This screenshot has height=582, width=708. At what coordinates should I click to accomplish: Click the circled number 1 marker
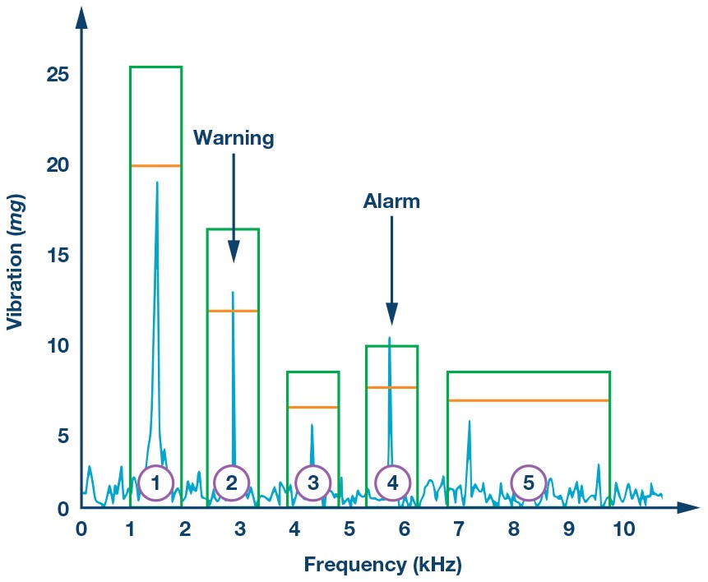click(x=155, y=483)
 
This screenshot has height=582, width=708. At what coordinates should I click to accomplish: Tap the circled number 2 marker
click(x=231, y=483)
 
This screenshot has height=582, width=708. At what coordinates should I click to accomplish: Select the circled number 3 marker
click(x=312, y=483)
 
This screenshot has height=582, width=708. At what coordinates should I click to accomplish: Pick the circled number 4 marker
click(x=392, y=483)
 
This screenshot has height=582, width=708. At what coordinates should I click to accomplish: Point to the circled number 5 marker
click(x=528, y=483)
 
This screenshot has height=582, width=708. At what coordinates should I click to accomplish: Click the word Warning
click(x=233, y=138)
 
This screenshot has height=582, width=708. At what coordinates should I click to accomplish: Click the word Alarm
click(x=391, y=201)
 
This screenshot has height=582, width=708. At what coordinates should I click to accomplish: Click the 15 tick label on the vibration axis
click(x=58, y=256)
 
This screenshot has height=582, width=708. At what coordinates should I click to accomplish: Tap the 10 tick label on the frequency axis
click(x=624, y=529)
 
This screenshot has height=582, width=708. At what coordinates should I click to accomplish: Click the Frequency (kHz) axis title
click(x=382, y=565)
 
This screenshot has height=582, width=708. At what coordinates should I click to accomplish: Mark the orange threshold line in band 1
click(x=155, y=166)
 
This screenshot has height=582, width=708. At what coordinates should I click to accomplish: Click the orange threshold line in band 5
click(x=528, y=400)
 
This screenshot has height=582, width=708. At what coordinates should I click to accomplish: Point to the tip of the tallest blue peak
click(x=156, y=182)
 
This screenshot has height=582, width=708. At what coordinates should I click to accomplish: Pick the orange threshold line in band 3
click(x=312, y=407)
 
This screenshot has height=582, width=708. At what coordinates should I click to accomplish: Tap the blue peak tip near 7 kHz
click(x=469, y=421)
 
